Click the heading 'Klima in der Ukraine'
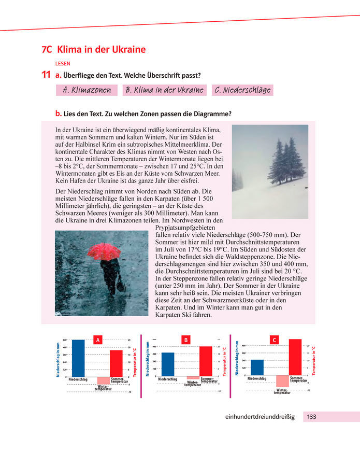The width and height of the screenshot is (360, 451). [101, 50]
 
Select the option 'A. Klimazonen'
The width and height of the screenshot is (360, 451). [87, 90]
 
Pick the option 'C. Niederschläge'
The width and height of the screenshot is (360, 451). [242, 90]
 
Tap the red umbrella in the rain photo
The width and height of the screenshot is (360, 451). [104, 251]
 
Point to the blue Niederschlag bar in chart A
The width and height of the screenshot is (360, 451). [78, 358]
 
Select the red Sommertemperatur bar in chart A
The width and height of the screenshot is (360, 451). [117, 363]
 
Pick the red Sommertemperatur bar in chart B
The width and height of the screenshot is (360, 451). [206, 361]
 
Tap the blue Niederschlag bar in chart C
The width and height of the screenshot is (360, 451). [257, 368]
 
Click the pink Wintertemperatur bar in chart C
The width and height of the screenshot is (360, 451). [282, 381]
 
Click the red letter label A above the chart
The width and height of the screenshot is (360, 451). [97, 340]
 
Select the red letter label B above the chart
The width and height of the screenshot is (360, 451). [186, 340]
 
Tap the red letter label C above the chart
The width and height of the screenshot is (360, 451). [275, 340]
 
